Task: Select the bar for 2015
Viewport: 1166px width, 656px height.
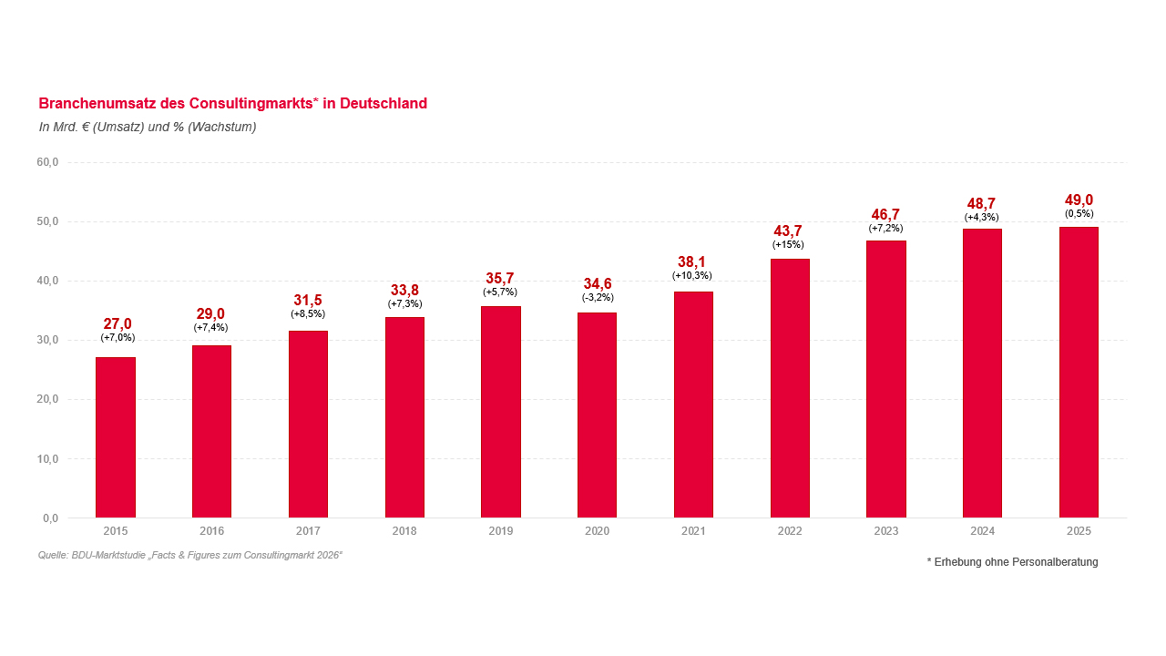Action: tap(116, 437)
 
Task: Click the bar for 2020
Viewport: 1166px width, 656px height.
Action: tap(597, 415)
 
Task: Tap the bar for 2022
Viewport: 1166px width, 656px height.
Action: tap(790, 388)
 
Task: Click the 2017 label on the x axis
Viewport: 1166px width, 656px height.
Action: tap(308, 531)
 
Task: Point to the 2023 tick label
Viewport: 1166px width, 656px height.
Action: tap(885, 531)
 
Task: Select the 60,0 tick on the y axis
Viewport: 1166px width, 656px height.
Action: tap(47, 162)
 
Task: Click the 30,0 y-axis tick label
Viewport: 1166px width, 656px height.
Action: tap(47, 340)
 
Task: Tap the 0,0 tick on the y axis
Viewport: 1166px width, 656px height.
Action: tap(50, 518)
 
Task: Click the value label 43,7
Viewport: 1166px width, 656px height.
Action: tap(788, 231)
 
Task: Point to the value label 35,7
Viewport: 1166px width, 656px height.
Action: tap(499, 278)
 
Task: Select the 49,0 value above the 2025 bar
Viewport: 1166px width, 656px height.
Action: tap(1079, 200)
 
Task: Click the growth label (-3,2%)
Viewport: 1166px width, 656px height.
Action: tap(598, 297)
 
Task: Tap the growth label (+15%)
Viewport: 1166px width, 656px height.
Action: tap(788, 245)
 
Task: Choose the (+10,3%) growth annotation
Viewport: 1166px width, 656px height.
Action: tap(692, 275)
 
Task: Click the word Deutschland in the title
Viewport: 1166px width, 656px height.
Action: tap(384, 104)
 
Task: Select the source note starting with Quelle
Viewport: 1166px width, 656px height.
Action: tap(190, 555)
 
